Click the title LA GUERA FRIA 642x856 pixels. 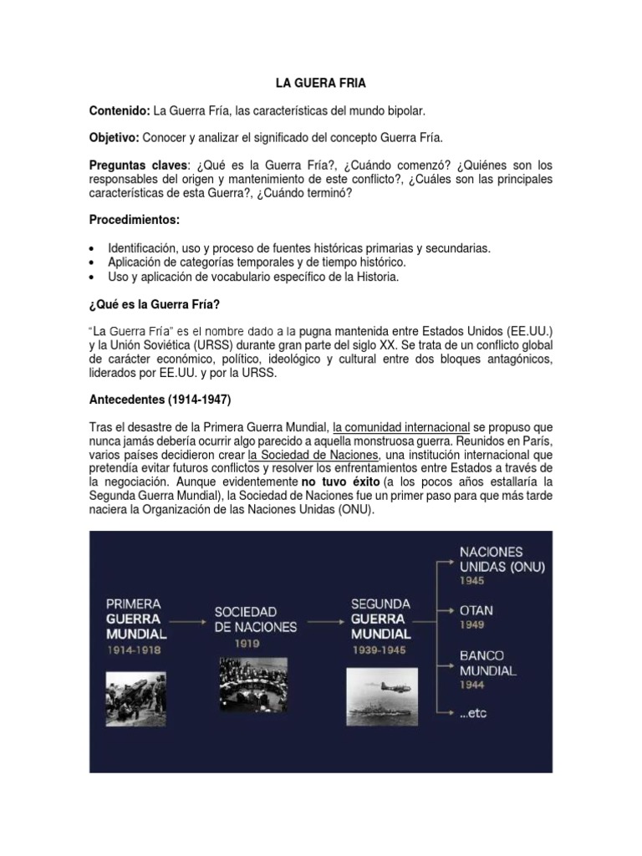click(x=321, y=84)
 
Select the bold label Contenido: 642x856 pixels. click(x=119, y=111)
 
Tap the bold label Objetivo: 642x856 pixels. click(x=115, y=137)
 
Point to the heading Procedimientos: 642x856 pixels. click(x=134, y=220)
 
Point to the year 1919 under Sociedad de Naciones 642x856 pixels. click(x=247, y=644)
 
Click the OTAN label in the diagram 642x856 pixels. click(x=476, y=610)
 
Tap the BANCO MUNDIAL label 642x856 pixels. click(x=487, y=663)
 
